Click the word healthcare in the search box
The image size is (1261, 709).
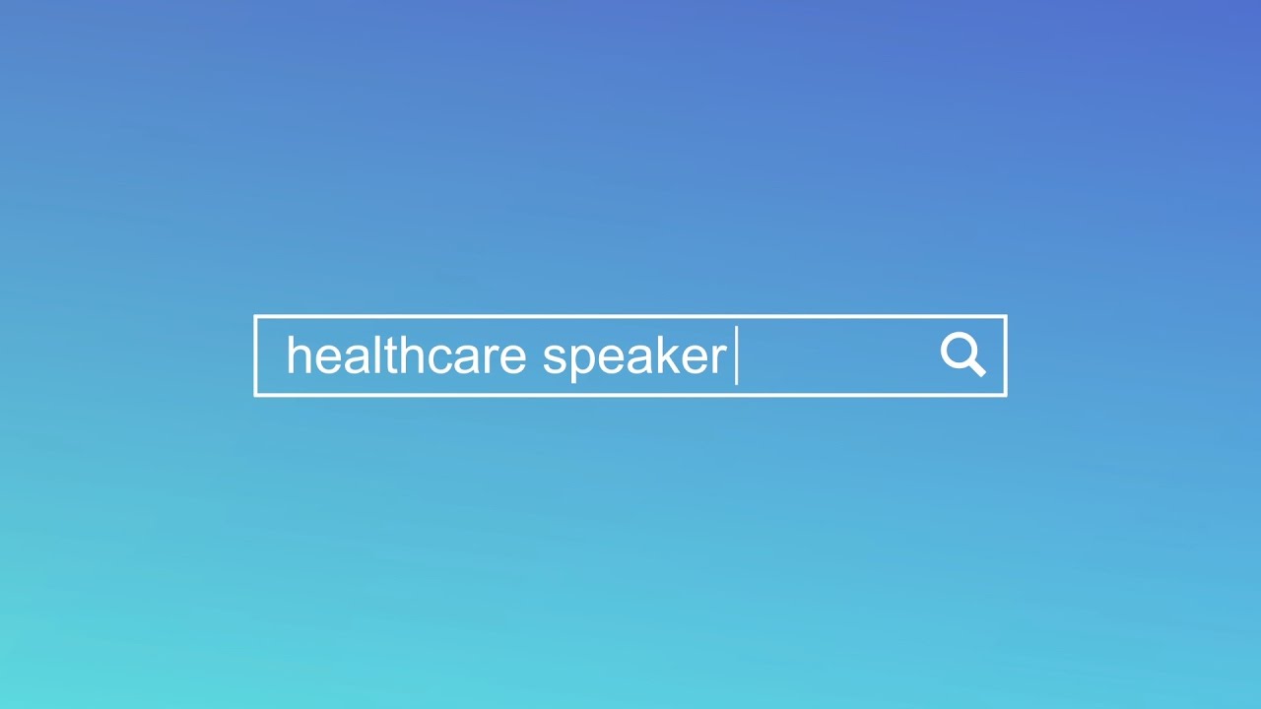[406, 355]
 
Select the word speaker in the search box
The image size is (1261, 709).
[634, 357]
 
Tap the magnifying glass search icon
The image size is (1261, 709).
[962, 354]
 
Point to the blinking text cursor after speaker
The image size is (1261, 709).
[737, 355]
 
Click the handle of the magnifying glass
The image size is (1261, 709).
[975, 367]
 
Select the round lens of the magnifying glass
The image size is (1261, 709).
[958, 350]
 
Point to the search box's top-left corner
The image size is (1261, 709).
[255, 317]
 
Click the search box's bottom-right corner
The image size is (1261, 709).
[1005, 395]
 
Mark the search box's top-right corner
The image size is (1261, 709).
[1005, 317]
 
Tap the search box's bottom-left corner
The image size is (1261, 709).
[255, 395]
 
